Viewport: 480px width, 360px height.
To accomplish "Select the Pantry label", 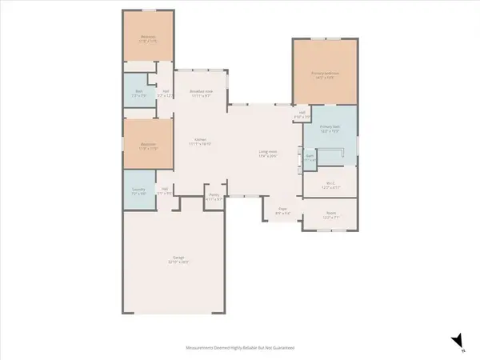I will tap(214, 196).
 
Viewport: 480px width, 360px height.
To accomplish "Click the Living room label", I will tap(267, 153).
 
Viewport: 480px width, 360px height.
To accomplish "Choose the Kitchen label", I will tap(201, 142).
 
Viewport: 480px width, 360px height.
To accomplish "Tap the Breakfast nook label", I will tap(201, 92).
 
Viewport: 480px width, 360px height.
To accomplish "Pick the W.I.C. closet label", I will tap(330, 184).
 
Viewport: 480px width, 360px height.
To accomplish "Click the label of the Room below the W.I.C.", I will tap(330, 214).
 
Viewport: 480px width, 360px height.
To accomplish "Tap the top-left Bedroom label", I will tap(148, 38).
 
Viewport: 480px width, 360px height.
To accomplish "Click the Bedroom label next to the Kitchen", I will tap(148, 146).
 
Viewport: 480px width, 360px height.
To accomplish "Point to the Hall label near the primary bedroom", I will tap(301, 115).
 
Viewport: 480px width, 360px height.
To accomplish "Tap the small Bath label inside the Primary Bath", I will tap(310, 158).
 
